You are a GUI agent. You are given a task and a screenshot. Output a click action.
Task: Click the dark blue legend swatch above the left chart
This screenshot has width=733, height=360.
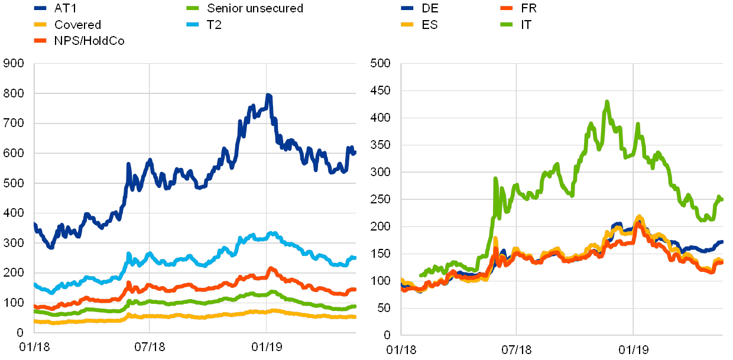[41, 9]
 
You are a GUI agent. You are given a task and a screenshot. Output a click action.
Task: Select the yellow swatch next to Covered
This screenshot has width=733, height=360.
[41, 25]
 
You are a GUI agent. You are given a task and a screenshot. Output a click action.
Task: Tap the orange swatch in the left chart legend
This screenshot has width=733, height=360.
[41, 40]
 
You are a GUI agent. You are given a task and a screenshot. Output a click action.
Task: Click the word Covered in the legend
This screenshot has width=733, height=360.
[77, 25]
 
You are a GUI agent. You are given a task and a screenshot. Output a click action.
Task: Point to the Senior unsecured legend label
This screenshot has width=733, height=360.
[255, 9]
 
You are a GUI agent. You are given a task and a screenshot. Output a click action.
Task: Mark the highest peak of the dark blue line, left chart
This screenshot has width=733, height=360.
[268, 95]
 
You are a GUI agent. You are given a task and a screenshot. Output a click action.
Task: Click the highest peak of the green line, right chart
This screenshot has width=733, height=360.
[607, 102]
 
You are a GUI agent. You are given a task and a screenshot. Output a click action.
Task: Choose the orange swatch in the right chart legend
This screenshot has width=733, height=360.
[507, 9]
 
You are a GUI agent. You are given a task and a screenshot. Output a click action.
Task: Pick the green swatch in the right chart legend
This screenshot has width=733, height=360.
[507, 25]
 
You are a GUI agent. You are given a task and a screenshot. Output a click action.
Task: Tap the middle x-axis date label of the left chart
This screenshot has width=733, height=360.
[150, 346]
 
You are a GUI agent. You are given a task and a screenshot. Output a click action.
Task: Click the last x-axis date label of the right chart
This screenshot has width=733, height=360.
[633, 348]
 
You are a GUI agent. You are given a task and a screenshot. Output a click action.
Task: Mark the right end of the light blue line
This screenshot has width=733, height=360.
[355, 257]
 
